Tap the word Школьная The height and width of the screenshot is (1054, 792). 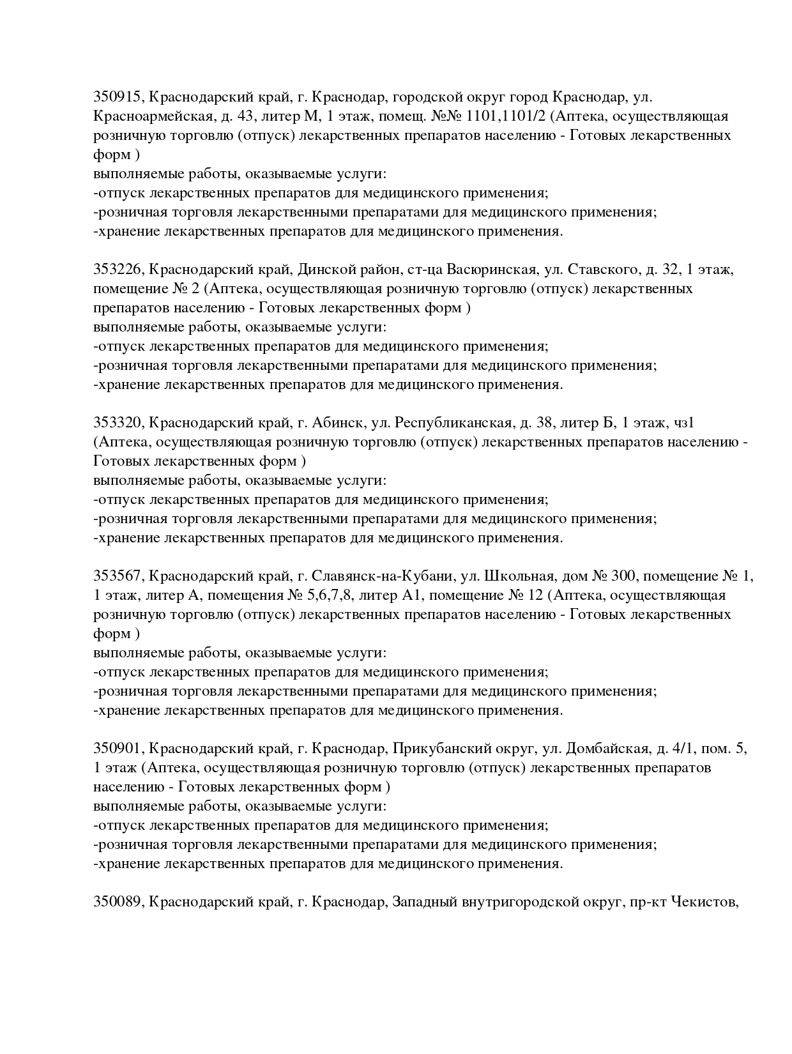512,576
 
